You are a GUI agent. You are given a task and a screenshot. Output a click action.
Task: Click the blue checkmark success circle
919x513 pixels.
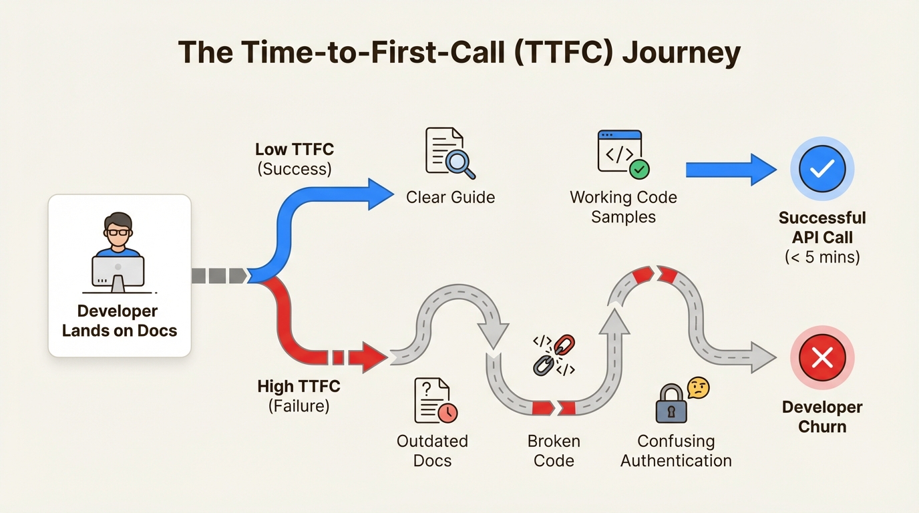point(822,170)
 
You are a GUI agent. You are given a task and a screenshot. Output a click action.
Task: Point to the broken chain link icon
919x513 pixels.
point(554,355)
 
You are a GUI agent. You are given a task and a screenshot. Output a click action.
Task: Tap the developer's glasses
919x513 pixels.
point(119,232)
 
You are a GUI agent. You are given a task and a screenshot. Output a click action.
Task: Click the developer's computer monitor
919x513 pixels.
point(118,270)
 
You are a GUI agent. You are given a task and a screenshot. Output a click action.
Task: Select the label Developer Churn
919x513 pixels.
point(822,417)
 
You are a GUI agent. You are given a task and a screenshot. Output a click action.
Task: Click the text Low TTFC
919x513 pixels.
point(295,149)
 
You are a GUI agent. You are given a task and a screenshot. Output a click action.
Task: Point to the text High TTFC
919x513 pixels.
point(299,386)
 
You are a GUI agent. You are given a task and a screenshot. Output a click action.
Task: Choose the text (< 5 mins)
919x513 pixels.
point(822,256)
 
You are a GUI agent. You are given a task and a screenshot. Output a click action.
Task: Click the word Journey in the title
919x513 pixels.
point(681,53)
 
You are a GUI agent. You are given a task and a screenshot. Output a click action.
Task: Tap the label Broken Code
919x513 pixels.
point(554,451)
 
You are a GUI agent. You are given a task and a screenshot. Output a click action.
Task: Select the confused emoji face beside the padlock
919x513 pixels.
point(697,387)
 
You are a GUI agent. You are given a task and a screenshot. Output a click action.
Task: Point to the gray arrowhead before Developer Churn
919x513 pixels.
point(763,357)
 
